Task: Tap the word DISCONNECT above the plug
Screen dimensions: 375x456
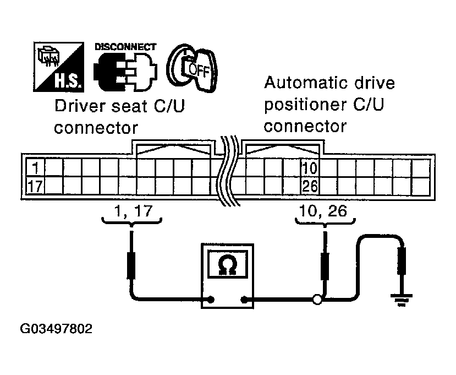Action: [x=125, y=47]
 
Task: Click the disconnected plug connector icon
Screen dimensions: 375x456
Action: [x=125, y=74]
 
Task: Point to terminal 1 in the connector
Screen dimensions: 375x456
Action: [x=35, y=167]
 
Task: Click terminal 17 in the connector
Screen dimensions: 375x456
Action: [x=35, y=186]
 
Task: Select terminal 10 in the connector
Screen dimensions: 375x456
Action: [x=310, y=167]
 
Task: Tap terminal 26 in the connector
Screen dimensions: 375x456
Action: [x=310, y=186]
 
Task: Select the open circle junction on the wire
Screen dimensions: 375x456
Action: [x=317, y=300]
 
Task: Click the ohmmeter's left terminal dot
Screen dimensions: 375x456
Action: [x=210, y=300]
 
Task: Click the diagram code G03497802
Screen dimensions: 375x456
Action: [x=56, y=330]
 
